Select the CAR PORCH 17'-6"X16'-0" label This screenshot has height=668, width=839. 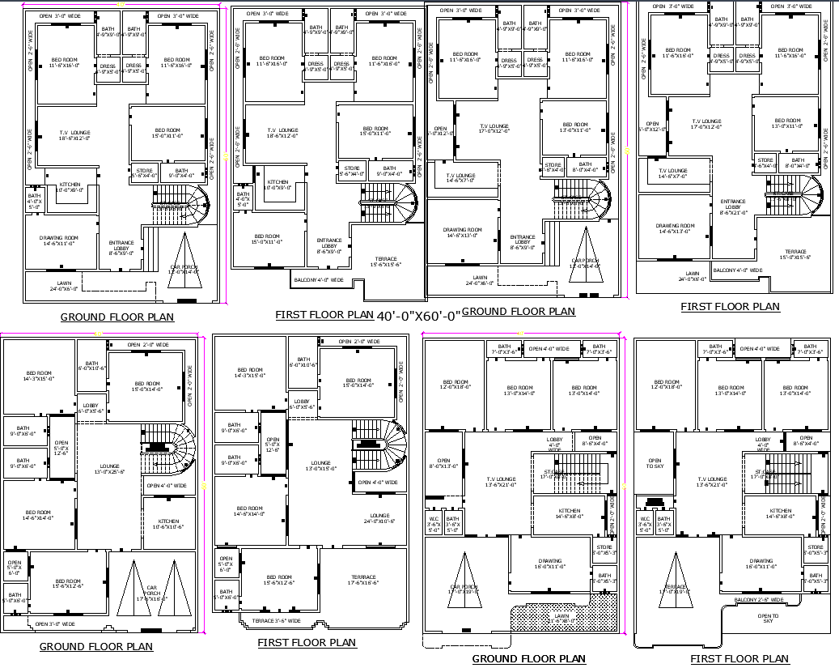pyautogui.click(x=151, y=594)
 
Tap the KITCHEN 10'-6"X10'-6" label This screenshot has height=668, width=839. pyautogui.click(x=168, y=524)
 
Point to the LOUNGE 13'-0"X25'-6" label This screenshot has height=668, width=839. pyautogui.click(x=109, y=469)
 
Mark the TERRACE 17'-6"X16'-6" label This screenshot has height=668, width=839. pyautogui.click(x=363, y=579)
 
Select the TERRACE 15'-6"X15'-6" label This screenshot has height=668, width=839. pyautogui.click(x=387, y=262)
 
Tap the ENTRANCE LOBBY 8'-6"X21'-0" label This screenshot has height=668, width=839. pyautogui.click(x=732, y=207)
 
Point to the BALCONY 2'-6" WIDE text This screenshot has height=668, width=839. pyautogui.click(x=759, y=600)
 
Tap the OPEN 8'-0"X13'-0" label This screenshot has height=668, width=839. pyautogui.click(x=443, y=463)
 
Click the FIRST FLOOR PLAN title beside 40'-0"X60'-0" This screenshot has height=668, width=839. pyautogui.click(x=324, y=315)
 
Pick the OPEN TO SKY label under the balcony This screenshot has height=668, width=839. pyautogui.click(x=768, y=618)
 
